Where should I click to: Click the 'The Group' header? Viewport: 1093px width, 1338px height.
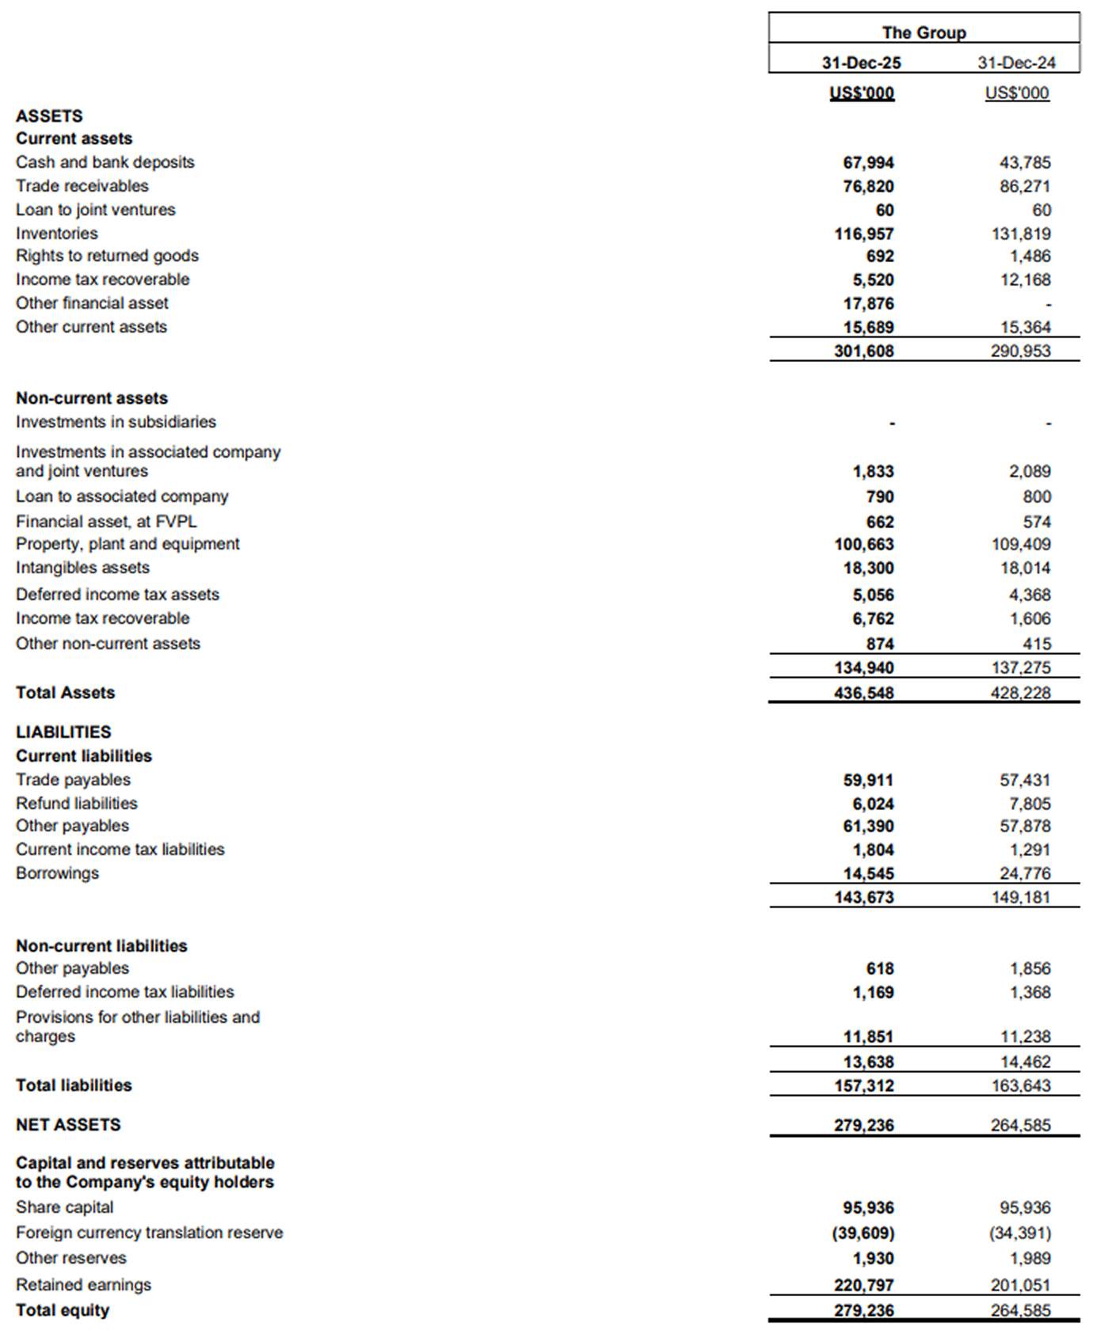click(924, 32)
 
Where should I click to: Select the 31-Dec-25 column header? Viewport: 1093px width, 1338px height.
click(861, 63)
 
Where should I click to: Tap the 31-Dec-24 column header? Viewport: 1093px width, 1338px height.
click(1016, 63)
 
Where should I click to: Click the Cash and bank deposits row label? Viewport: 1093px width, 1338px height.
click(105, 162)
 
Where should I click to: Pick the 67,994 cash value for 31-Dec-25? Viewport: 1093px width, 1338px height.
click(868, 162)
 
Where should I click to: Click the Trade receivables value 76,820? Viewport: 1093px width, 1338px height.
click(868, 186)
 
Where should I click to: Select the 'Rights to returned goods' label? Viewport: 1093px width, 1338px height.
click(107, 256)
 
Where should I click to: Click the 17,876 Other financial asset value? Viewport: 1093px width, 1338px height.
click(868, 303)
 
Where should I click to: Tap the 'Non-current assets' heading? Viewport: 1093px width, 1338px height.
click(92, 398)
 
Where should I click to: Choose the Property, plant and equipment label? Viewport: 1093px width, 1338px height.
click(128, 544)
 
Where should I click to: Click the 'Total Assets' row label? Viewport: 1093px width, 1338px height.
click(65, 693)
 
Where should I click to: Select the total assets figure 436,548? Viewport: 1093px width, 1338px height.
click(863, 693)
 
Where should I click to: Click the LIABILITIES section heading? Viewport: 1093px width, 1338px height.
click(63, 732)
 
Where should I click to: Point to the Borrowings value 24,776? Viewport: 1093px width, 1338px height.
click(1025, 873)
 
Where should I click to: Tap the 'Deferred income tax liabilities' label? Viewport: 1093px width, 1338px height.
click(124, 992)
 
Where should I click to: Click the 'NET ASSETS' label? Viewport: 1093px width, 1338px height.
click(68, 1125)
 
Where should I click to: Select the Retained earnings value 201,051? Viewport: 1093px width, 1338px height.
click(1020, 1285)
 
